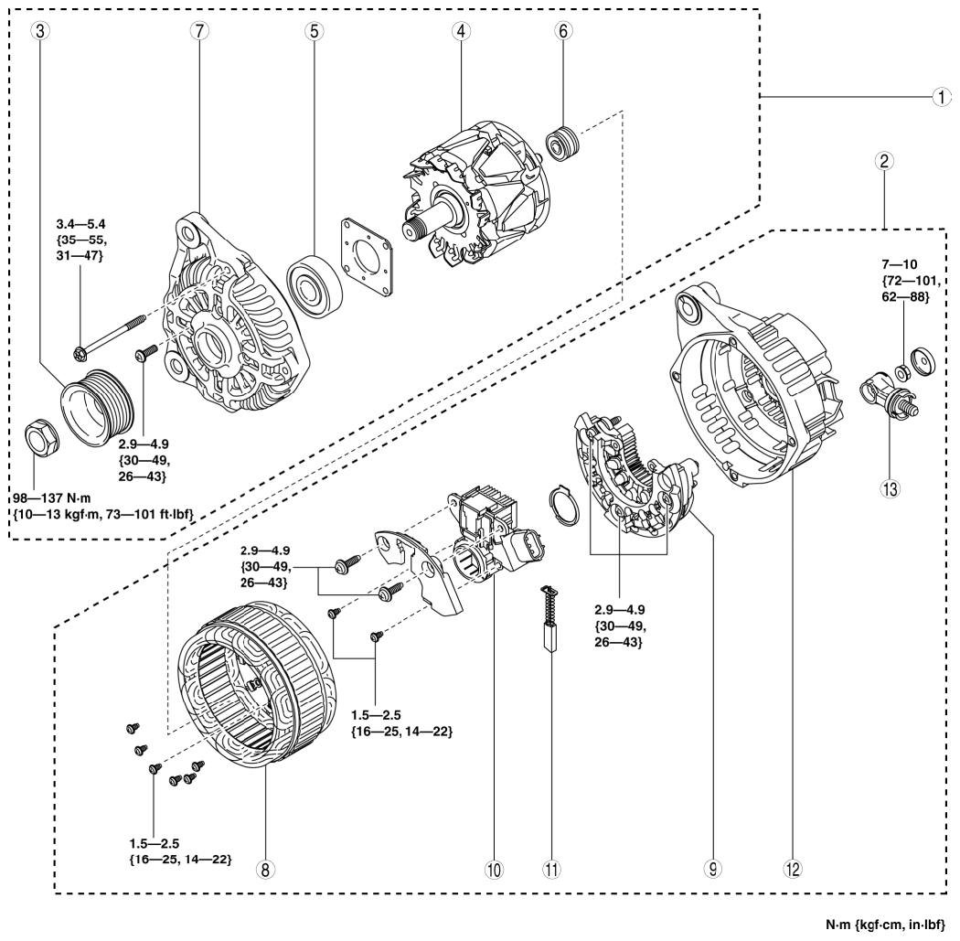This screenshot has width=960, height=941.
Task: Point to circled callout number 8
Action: click(x=263, y=870)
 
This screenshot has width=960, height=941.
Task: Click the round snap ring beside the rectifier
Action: click(x=564, y=504)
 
